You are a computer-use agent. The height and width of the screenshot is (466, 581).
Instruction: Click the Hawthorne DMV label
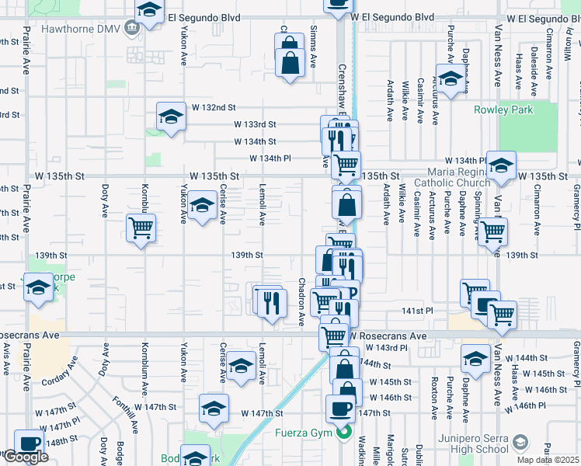coord(87,25)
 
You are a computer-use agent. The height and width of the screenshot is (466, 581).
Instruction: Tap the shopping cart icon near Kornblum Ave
coord(141,228)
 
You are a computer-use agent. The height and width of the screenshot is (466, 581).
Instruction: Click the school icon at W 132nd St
coord(171,116)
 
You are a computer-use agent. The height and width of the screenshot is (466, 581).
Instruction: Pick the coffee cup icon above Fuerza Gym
coord(340,408)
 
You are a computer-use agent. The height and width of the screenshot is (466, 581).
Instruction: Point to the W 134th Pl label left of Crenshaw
coord(270,158)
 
